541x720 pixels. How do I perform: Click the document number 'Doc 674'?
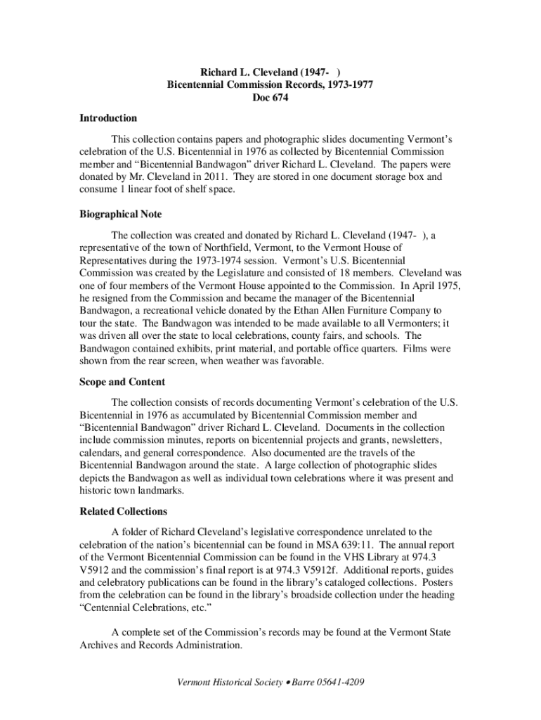270,98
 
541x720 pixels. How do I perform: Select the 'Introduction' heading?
107,118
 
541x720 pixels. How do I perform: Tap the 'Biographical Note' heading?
120,214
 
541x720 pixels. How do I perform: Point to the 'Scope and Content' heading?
122,382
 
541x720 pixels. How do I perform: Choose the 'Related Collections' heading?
123,511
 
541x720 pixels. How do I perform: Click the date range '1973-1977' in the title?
349,84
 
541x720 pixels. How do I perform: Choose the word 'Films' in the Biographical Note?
422,349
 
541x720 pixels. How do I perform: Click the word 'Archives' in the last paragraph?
98,645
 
